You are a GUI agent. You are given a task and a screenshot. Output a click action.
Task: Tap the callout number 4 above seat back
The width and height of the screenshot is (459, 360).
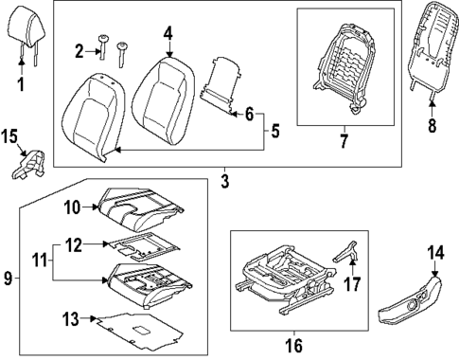click(168, 34)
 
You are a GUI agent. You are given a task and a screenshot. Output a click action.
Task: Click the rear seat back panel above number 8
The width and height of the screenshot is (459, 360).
click(433, 47)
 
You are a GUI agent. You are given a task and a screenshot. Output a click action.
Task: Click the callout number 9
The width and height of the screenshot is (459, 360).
click(9, 278)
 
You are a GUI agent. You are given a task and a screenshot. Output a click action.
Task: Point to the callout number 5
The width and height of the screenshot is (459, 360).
click(274, 131)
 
